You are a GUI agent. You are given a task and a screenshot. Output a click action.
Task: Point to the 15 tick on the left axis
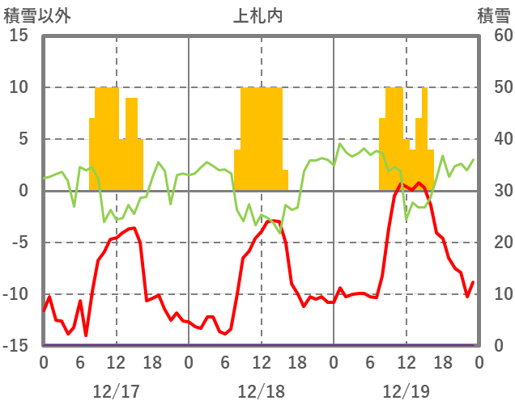pyautogui.click(x=19, y=36)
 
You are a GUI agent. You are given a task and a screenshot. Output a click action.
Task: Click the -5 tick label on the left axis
pyautogui.click(x=19, y=243)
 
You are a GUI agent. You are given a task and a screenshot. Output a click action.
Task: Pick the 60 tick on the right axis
pyautogui.click(x=492, y=36)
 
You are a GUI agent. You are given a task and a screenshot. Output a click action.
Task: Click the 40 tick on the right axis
pyautogui.click(x=492, y=139)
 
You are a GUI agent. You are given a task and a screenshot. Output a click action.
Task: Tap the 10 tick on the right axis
pyautogui.click(x=492, y=294)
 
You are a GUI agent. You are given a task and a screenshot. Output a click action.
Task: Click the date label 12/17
pyautogui.click(x=116, y=391)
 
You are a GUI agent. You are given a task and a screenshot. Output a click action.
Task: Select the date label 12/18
pyautogui.click(x=261, y=391)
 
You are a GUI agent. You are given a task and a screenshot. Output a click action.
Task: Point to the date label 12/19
pyautogui.click(x=406, y=391)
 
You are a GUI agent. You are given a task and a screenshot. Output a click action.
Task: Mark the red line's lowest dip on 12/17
pyautogui.click(x=86, y=335)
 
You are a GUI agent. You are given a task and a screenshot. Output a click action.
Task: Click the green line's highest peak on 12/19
pyautogui.click(x=341, y=145)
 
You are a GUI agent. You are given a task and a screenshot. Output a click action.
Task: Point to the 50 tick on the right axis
pyautogui.click(x=492, y=87)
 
